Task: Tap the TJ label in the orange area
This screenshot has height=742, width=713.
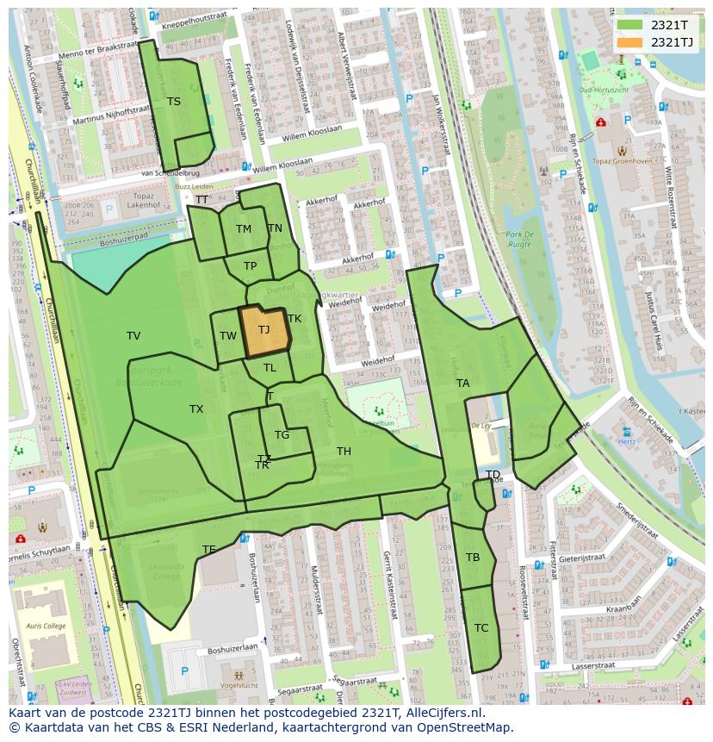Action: tap(263, 330)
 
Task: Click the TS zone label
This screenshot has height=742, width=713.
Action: tap(174, 102)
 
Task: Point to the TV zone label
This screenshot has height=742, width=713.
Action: tap(133, 336)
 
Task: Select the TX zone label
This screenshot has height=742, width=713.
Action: tap(196, 409)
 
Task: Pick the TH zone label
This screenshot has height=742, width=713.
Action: tap(344, 452)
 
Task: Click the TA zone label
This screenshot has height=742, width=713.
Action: tap(463, 383)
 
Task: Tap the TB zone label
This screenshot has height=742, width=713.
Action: tap(473, 558)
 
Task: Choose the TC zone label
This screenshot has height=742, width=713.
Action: tap(481, 628)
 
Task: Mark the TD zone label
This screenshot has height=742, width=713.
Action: tap(493, 475)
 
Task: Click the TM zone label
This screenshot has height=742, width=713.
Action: tap(244, 229)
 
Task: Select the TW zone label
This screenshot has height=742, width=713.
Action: tap(227, 337)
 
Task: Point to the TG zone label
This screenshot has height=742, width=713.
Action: tap(282, 435)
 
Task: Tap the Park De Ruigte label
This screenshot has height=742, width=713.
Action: tap(520, 240)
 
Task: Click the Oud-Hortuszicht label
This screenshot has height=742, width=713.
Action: tap(603, 90)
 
